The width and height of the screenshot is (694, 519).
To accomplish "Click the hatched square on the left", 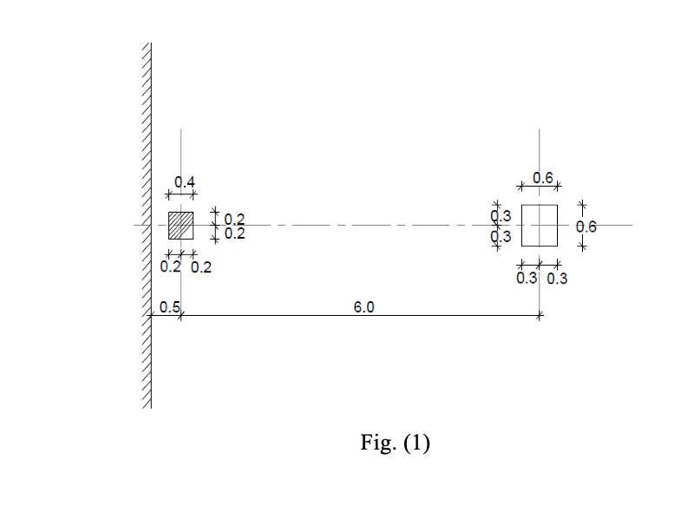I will tap(180, 226).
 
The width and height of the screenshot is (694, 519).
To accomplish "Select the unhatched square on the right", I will tap(540, 226).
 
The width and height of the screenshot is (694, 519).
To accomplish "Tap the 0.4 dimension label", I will tap(185, 182).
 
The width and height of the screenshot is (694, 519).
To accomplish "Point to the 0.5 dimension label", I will tap(170, 307).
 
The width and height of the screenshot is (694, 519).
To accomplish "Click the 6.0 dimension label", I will tap(364, 307).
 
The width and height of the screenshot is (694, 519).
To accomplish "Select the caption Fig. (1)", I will tap(395, 443).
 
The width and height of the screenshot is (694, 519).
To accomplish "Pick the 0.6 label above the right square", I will tap(543, 178).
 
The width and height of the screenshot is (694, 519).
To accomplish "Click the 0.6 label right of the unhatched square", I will tap(586, 227).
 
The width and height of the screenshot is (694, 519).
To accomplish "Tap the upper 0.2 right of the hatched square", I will tap(234, 220).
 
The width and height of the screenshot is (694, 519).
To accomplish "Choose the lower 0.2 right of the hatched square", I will tap(234, 233).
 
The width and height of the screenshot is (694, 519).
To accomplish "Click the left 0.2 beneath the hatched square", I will tap(171, 266).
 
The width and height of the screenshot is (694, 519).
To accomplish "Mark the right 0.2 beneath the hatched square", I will tap(201, 267).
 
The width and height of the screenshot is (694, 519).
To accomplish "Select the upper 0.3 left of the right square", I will tap(501, 216).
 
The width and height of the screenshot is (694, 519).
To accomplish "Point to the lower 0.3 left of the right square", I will tap(501, 236).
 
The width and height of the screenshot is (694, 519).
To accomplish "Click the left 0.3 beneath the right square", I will tap(527, 279).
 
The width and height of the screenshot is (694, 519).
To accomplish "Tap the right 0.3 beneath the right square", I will tap(557, 279).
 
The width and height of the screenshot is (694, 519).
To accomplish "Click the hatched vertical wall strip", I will tap(147, 226).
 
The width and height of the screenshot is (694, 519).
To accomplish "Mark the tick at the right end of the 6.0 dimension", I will tap(540, 316).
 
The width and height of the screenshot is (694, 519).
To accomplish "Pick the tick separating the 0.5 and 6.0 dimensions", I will tap(180, 316).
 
